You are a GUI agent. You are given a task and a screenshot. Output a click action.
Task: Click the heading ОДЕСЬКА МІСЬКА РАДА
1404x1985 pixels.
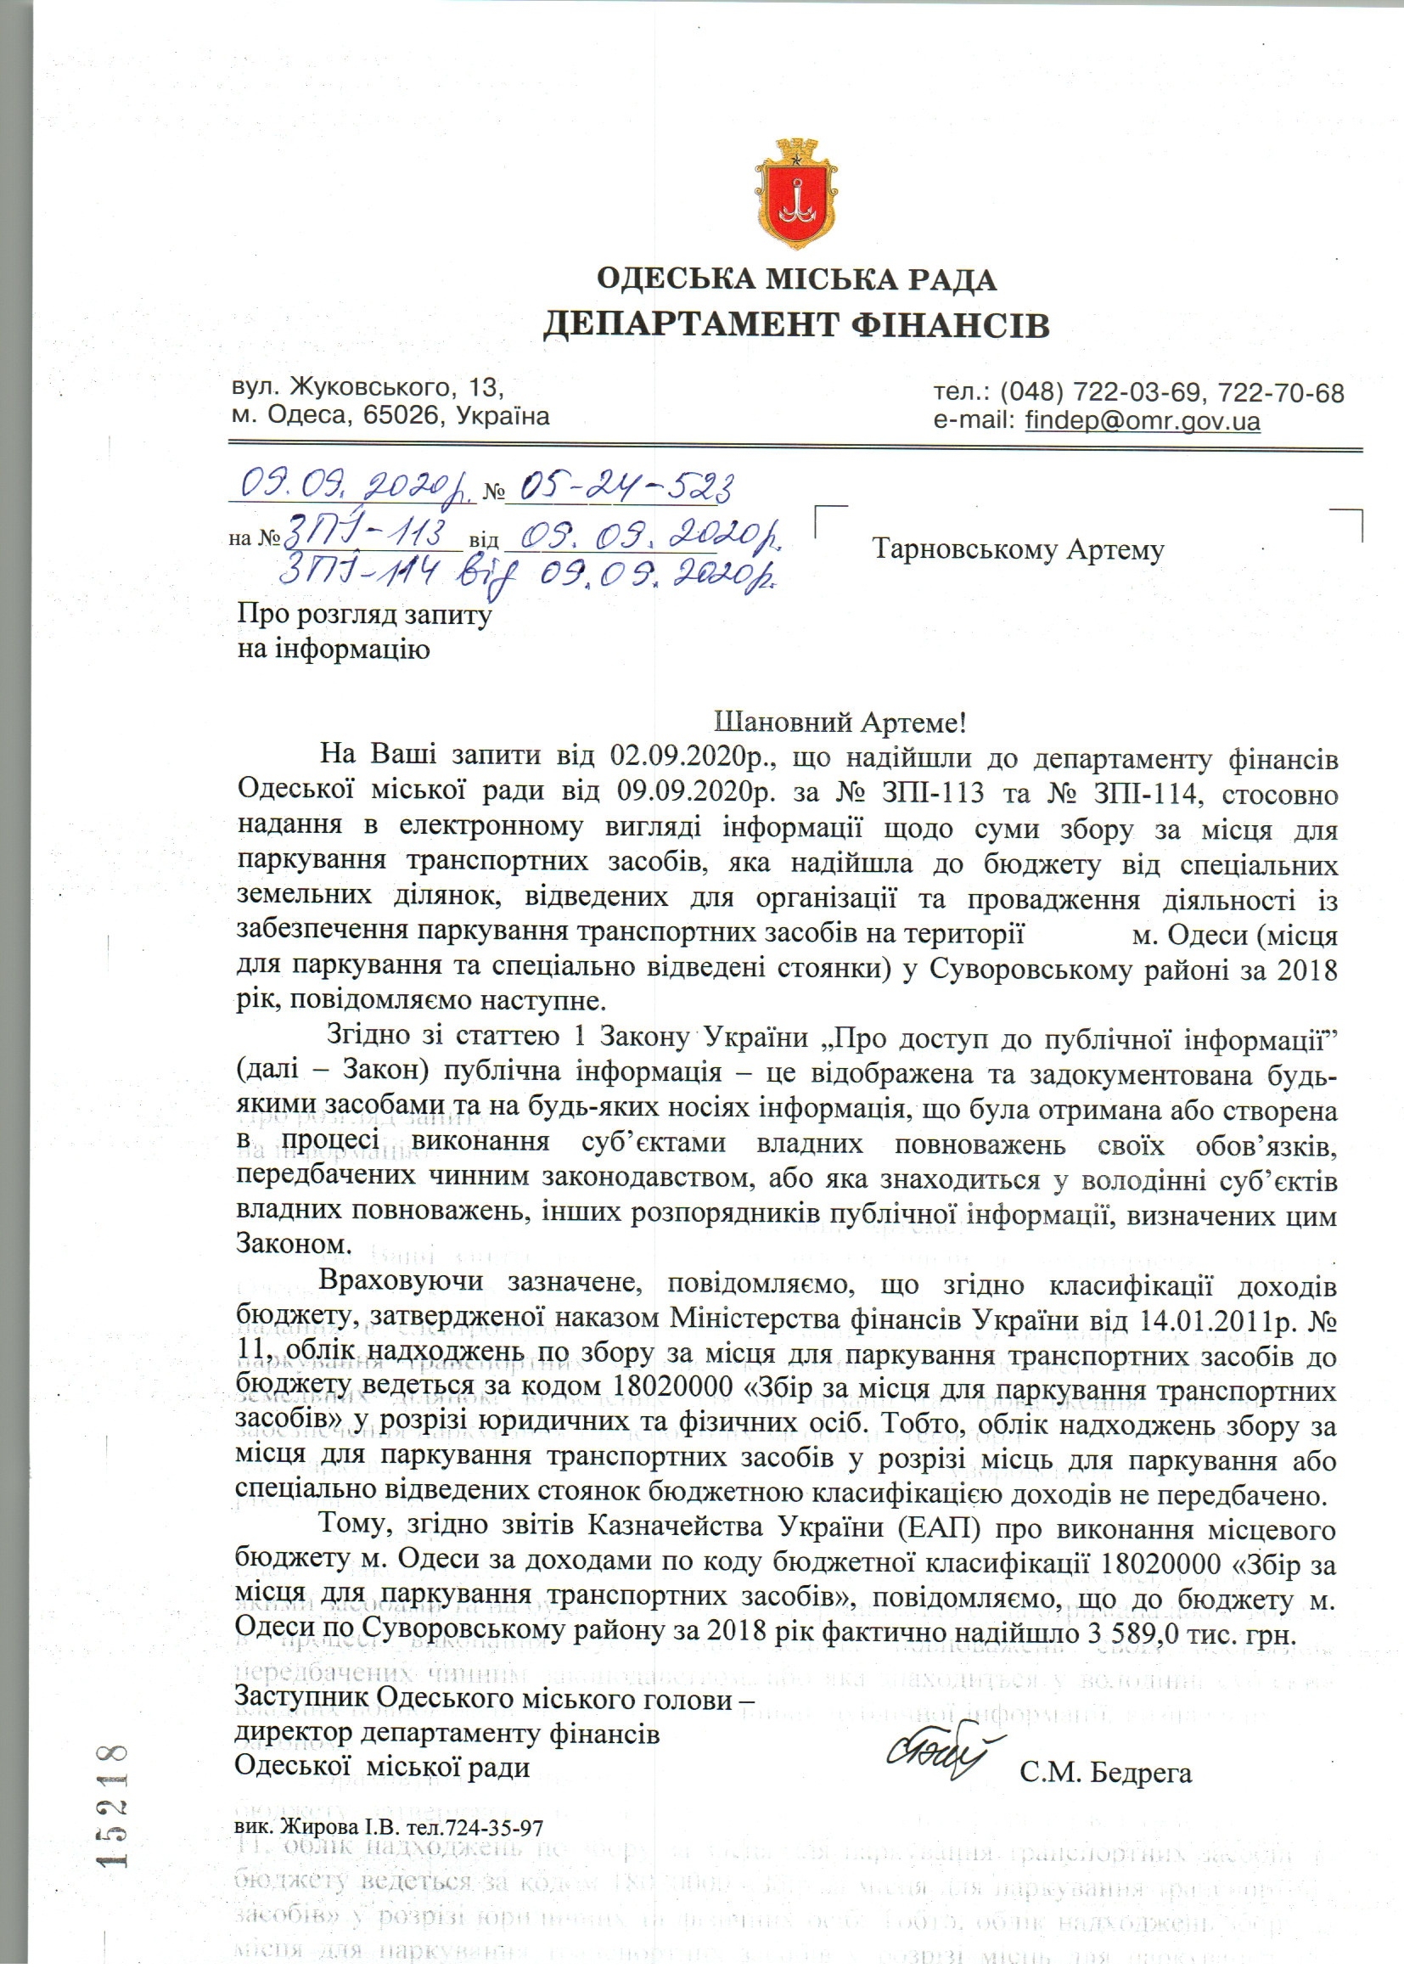(795, 280)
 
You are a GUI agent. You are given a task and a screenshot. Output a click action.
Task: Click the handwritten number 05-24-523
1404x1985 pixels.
(619, 489)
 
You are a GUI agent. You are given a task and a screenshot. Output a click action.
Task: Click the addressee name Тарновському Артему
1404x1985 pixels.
(1019, 549)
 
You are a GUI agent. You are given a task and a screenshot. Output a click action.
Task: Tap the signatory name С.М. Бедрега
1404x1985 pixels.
(1106, 1773)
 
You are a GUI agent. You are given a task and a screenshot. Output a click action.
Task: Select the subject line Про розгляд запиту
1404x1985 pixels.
(365, 615)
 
